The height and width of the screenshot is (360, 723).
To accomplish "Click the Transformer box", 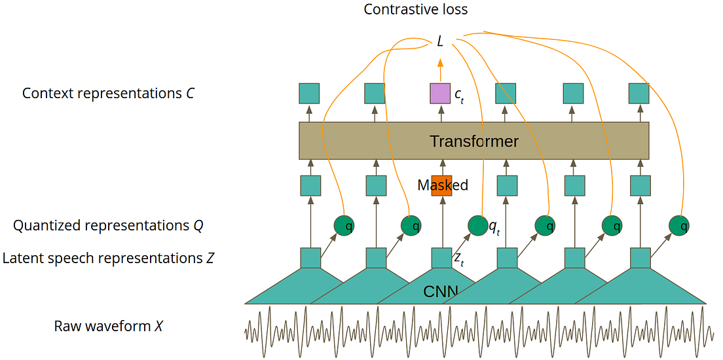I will pos(473,141).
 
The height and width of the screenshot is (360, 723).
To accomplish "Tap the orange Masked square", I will pos(441,185).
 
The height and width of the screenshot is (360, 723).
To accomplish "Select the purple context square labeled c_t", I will pos(440,94).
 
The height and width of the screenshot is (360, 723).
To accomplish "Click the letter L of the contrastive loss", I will pos(440,42).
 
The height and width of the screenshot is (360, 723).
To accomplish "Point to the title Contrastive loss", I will pos(416,9).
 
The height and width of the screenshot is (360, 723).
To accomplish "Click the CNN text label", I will pos(441,291).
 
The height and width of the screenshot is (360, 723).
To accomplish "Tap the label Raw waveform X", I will pos(108,326).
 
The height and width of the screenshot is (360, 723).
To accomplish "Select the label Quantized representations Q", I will pos(108,226).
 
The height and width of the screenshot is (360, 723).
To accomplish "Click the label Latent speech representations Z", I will pos(108,259).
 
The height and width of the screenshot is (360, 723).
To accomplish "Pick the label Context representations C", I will pos(108,94).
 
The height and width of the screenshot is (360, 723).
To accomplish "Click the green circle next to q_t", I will pos(478,226).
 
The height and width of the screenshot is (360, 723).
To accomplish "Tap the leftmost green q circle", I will pos(344,226).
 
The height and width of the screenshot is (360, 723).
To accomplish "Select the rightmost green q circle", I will pos(680,226).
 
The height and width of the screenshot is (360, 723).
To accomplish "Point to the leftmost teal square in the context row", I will pos(309,94).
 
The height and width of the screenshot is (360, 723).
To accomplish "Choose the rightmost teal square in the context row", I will pos(639,94).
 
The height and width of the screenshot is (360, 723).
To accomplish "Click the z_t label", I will pos(459,259).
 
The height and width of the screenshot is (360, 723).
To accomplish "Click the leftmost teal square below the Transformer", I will pos(310,186).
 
